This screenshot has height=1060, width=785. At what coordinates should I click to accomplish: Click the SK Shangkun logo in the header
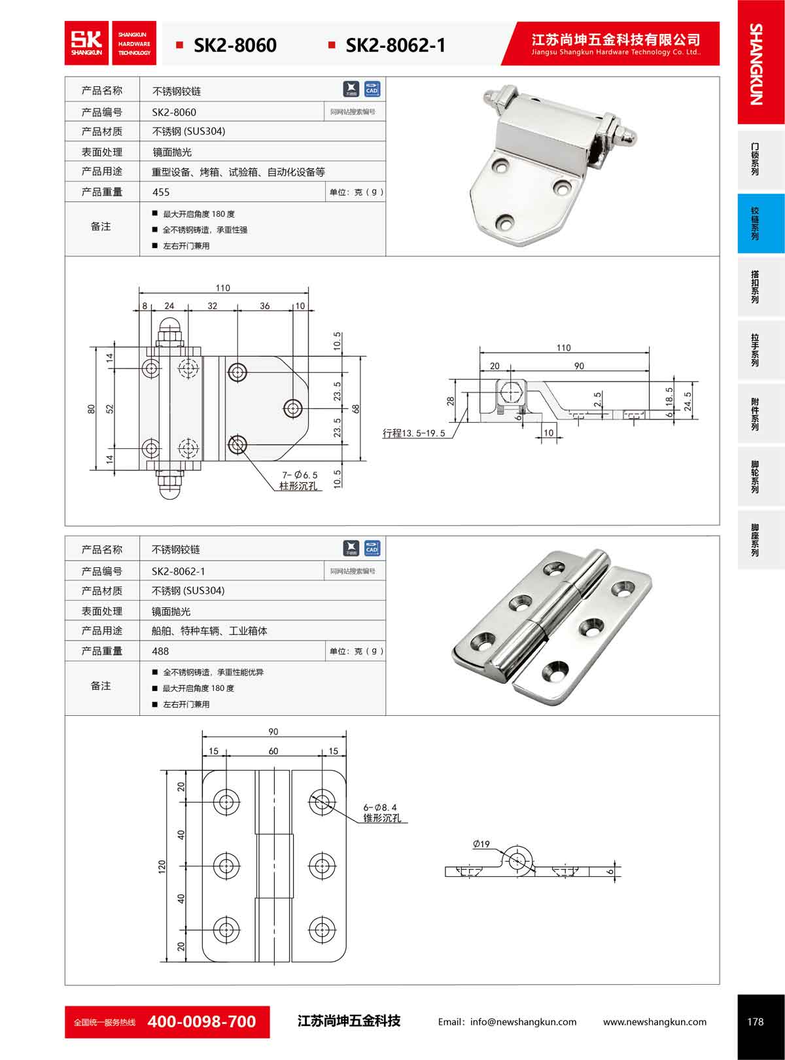pyautogui.click(x=88, y=43)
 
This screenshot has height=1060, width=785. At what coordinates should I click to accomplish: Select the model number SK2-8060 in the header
pyautogui.click(x=235, y=45)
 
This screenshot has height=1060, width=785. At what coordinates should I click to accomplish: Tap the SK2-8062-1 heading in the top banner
pyautogui.click(x=395, y=45)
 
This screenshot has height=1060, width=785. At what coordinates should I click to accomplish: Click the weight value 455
pyautogui.click(x=161, y=192)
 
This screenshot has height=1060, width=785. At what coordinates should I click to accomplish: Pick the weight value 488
pyautogui.click(x=160, y=652)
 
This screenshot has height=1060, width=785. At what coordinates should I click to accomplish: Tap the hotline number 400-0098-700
pyautogui.click(x=202, y=1021)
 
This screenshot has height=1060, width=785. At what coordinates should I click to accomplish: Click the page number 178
pyautogui.click(x=755, y=1021)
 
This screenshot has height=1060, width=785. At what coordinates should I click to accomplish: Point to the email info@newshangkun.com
pyautogui.click(x=507, y=1022)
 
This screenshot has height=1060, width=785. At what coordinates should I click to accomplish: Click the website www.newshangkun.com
pyautogui.click(x=654, y=1022)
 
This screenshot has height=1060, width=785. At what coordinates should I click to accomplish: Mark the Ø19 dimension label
pyautogui.click(x=481, y=844)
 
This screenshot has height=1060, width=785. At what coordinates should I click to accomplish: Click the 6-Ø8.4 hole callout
pyautogui.click(x=380, y=807)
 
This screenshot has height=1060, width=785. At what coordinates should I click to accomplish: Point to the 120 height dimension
pyautogui.click(x=162, y=866)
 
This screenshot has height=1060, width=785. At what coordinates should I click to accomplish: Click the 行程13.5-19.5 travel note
pyautogui.click(x=413, y=433)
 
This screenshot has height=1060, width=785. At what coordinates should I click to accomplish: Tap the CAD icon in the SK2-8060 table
pyautogui.click(x=372, y=89)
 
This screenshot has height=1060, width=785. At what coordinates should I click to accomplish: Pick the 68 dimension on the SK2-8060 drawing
pyautogui.click(x=356, y=408)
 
